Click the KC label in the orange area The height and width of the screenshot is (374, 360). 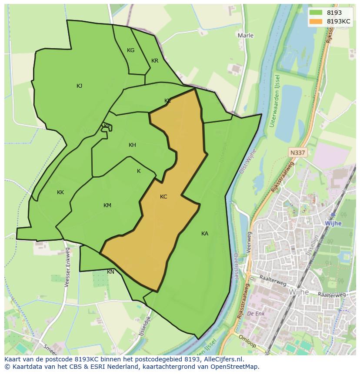click(163, 197)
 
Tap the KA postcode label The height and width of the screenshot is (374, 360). click(205, 234)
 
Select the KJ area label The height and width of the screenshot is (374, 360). click(79, 86)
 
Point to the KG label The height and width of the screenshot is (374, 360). click(130, 50)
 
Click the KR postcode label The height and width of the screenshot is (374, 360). click(155, 61)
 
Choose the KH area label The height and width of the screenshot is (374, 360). click(132, 145)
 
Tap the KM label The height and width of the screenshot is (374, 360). click(107, 205)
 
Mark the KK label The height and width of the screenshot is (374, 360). click(60, 192)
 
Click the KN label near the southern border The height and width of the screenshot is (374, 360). click(111, 272)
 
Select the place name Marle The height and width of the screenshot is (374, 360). click(245, 35)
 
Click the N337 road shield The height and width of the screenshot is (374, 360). click(298, 152)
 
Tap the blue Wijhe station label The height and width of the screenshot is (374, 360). click(333, 223)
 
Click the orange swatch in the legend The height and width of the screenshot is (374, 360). click(316, 21)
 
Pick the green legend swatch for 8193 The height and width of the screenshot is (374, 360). click(316, 13)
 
